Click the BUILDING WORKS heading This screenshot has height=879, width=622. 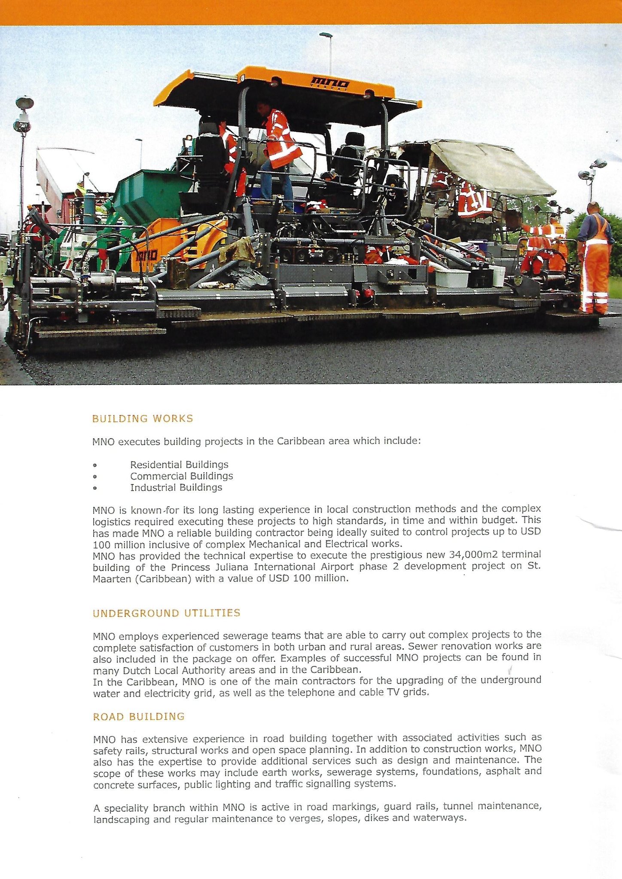point(143,418)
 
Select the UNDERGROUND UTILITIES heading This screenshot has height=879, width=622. point(166,613)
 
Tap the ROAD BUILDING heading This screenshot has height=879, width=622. point(139,717)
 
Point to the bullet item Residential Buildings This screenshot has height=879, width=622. point(179,464)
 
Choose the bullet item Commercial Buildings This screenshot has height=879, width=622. point(181,476)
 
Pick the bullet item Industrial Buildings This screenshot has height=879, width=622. point(176,488)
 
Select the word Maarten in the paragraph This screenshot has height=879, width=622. point(112,579)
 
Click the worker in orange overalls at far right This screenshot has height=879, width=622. point(595,258)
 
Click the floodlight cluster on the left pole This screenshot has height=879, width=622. point(23,114)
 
